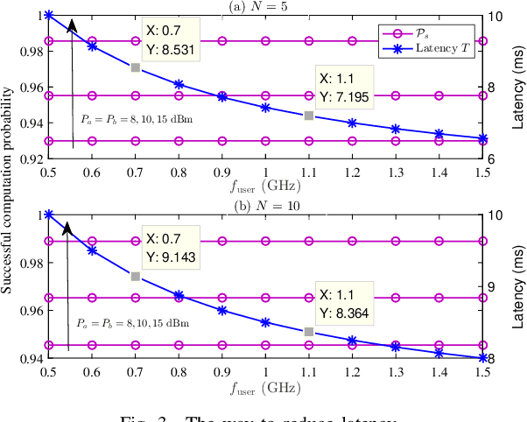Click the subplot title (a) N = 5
point(264,7)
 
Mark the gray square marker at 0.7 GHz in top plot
point(135,67)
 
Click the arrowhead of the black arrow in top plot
point(73,24)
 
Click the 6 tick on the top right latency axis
point(493,159)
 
